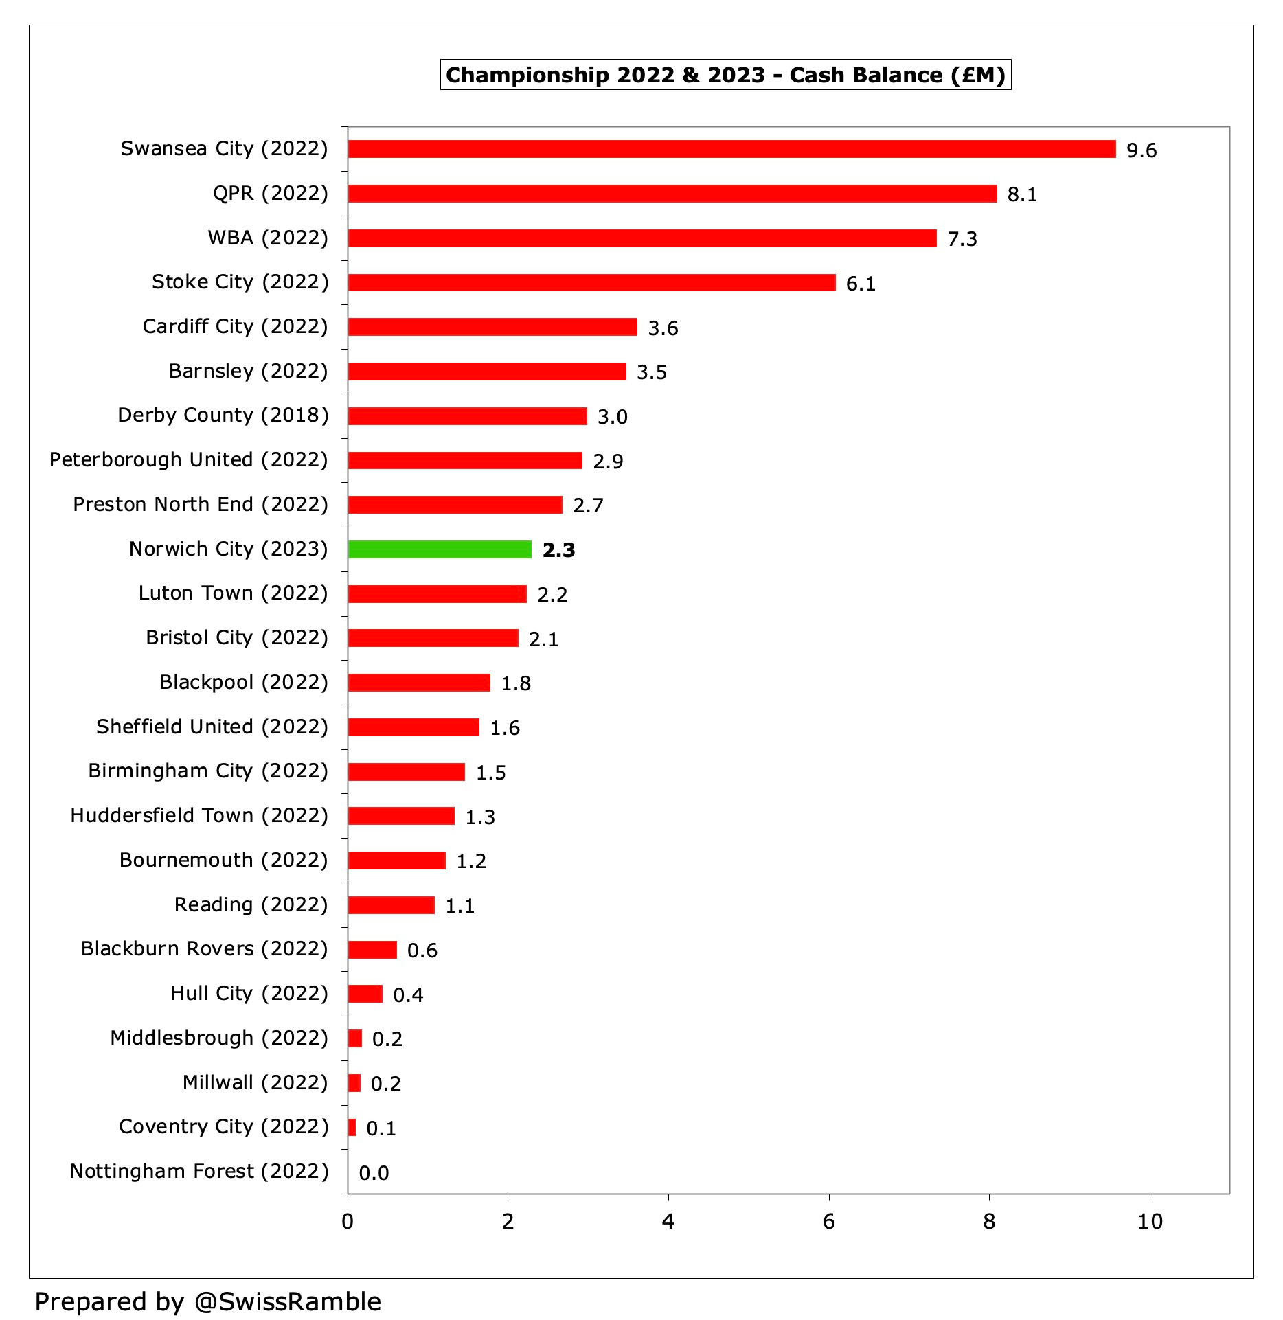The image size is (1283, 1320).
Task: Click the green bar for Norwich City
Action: [440, 549]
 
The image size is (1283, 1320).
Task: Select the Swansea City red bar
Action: [731, 149]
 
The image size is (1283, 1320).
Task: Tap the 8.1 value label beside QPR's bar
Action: [1022, 195]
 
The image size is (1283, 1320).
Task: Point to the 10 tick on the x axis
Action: [1150, 1222]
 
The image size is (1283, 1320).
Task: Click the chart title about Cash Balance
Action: [725, 75]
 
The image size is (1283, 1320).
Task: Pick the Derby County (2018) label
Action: [223, 416]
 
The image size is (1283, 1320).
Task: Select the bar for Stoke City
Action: [591, 282]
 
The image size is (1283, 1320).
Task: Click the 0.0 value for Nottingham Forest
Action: [374, 1173]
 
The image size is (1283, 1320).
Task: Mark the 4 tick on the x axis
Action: [668, 1222]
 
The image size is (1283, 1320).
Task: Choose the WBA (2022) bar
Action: [642, 238]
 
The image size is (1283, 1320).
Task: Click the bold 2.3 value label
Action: [558, 550]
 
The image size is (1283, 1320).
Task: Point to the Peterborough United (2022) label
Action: [189, 460]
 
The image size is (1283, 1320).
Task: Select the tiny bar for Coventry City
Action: [352, 1128]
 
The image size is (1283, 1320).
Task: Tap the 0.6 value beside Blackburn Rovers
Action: [422, 951]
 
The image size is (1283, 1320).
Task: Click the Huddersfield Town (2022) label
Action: [199, 816]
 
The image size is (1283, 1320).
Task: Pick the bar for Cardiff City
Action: [492, 327]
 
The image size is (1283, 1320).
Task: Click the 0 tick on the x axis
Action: [348, 1222]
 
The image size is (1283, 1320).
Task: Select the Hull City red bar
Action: [365, 994]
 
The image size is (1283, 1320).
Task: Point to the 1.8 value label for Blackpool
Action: [516, 683]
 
